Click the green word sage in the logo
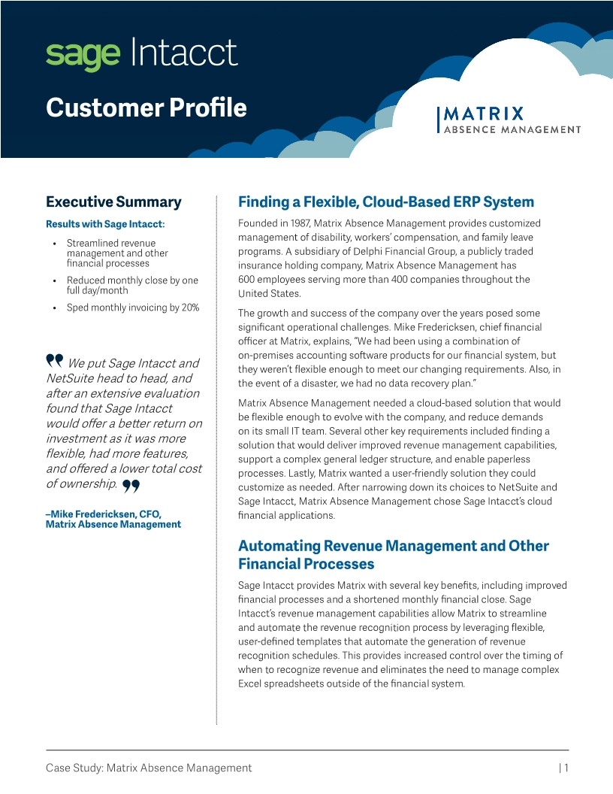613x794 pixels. [x=83, y=54]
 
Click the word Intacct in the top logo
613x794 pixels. [x=184, y=53]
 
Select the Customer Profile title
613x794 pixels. [x=146, y=108]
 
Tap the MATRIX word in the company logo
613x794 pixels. [x=484, y=114]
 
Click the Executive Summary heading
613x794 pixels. [x=113, y=202]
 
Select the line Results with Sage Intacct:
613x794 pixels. [x=105, y=224]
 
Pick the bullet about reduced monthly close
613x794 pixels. [x=132, y=285]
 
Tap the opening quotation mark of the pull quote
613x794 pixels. [x=54, y=362]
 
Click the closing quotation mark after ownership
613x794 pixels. [x=131, y=486]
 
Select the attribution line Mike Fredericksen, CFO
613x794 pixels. [x=104, y=514]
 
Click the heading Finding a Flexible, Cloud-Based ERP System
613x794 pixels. [x=386, y=202]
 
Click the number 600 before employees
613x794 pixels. [x=247, y=280]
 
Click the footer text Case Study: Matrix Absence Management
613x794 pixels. [x=149, y=768]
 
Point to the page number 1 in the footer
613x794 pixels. [x=566, y=768]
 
